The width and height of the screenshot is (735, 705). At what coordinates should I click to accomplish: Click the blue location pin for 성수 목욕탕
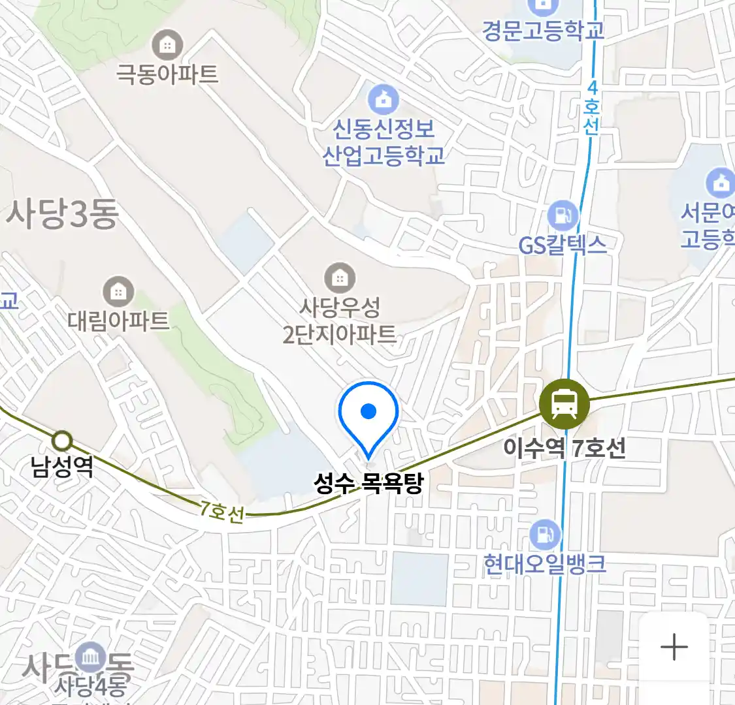368,415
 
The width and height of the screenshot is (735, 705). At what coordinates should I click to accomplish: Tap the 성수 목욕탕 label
368,483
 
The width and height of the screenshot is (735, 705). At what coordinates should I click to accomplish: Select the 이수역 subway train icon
564,405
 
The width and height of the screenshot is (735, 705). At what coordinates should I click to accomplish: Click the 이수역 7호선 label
564,448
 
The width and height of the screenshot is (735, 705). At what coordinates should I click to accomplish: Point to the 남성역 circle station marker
62,441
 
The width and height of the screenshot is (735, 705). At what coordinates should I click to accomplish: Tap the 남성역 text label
62,466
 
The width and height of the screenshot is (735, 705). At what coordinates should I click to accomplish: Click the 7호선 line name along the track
222,512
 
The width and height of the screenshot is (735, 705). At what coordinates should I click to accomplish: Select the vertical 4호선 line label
592,108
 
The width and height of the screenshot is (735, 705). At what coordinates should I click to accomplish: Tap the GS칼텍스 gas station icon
563,215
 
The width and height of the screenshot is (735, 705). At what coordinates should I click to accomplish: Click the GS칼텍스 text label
563,245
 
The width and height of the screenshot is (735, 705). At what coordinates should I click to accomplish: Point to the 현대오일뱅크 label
544,564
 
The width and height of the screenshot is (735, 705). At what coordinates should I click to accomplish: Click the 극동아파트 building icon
167,45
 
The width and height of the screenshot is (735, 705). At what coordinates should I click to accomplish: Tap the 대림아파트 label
118,321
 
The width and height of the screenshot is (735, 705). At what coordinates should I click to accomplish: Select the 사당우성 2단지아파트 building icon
340,277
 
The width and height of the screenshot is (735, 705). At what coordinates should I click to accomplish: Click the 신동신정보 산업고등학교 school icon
384,99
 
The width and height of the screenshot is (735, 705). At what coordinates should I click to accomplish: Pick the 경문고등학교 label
543,31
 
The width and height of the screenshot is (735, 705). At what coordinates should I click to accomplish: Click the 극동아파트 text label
167,73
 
